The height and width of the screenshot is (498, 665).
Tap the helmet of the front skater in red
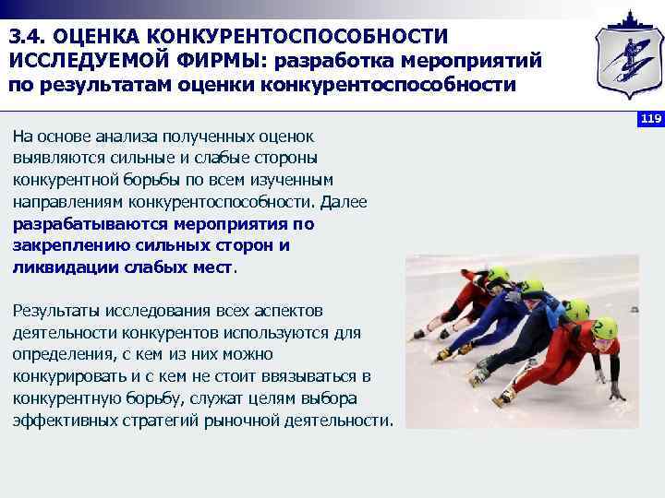tap(604, 326)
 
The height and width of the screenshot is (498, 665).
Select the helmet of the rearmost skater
tap(499, 274)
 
